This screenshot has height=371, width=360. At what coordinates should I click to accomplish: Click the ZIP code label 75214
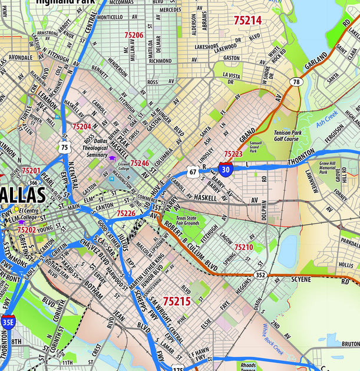[247, 20]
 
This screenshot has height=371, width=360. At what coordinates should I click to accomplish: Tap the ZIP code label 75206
[134, 35]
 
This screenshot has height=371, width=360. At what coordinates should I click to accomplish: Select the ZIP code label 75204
[82, 127]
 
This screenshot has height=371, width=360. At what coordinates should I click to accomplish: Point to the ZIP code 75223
[233, 154]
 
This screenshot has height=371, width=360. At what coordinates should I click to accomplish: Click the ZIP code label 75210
[243, 247]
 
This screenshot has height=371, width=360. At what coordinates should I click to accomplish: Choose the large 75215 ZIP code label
[177, 302]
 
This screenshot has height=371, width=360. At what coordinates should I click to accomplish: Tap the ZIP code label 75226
[126, 213]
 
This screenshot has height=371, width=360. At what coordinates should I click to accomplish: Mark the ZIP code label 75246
[140, 163]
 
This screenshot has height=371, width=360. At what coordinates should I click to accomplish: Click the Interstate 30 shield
[225, 169]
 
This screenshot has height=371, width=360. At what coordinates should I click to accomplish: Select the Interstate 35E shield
[8, 323]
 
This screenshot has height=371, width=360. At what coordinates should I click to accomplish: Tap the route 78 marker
[295, 82]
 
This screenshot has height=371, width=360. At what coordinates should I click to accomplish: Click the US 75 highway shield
[64, 147]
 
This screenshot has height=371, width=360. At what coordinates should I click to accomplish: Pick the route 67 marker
[193, 172]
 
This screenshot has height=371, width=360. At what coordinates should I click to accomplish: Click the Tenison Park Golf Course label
[288, 137]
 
